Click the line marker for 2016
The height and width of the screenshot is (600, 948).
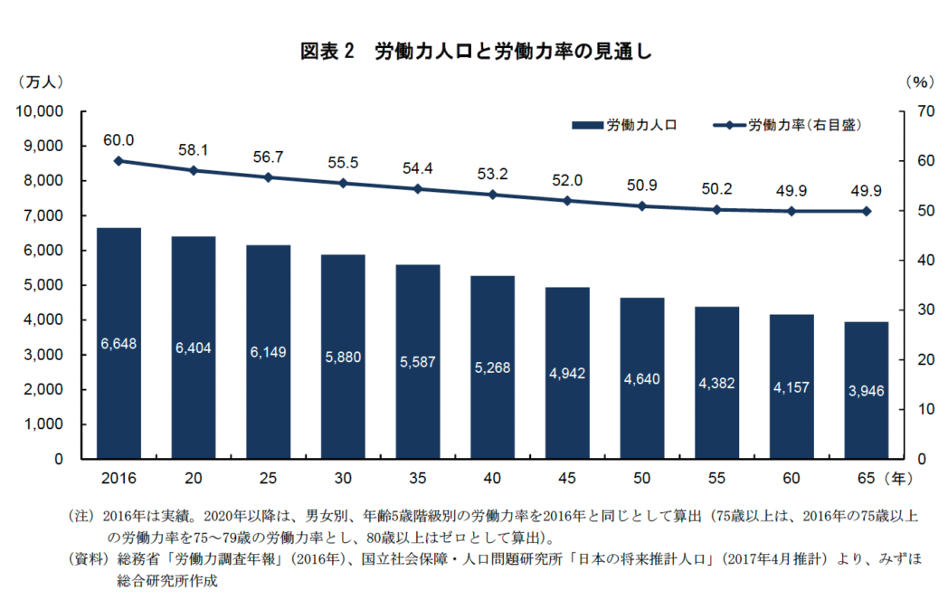click(x=118, y=161)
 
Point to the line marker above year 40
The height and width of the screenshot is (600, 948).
click(x=492, y=195)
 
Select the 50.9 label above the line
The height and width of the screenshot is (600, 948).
click(x=641, y=186)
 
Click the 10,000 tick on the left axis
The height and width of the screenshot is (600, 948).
click(x=39, y=111)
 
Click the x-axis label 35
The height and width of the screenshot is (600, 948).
click(x=417, y=476)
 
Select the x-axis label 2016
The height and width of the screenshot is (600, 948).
click(x=118, y=476)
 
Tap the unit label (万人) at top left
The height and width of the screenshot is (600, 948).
click(x=40, y=81)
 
